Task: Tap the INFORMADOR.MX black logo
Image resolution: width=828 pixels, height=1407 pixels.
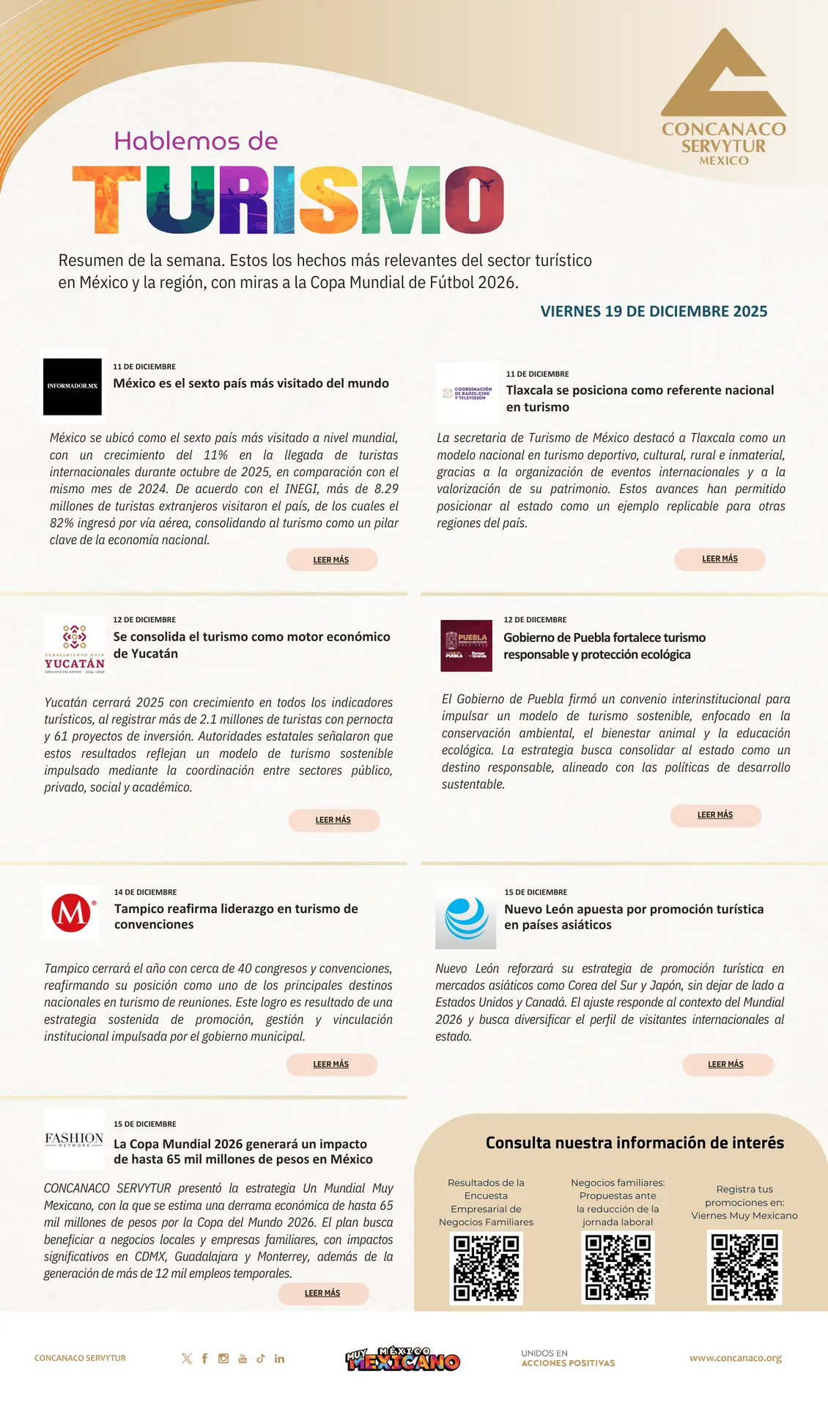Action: (73, 386)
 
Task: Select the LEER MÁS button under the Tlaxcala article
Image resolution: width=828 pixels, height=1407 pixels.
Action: (720, 559)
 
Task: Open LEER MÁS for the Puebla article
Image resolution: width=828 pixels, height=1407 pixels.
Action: (715, 815)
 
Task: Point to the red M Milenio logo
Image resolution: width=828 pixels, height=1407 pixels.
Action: (72, 912)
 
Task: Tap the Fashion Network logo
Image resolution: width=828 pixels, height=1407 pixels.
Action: (74, 1139)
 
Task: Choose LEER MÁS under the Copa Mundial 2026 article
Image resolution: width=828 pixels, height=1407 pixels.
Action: (322, 1293)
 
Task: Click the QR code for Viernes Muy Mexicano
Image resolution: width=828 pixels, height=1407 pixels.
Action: (744, 1267)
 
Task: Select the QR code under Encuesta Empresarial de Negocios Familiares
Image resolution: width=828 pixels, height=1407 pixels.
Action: (486, 1268)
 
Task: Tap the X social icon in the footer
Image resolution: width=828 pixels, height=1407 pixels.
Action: (187, 1359)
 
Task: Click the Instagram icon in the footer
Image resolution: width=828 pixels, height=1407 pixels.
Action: (223, 1359)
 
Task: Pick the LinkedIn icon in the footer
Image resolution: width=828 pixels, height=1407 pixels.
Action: (279, 1359)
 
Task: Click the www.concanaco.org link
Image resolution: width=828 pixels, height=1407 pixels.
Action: (735, 1358)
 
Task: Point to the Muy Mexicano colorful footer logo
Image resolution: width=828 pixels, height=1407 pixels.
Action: (403, 1359)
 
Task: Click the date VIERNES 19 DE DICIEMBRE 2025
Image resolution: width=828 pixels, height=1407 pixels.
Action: (654, 311)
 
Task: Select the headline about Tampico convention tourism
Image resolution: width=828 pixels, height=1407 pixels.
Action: (236, 917)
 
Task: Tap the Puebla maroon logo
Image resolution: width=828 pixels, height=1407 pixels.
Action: (466, 646)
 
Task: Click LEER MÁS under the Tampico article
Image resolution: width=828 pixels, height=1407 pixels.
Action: (331, 1064)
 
